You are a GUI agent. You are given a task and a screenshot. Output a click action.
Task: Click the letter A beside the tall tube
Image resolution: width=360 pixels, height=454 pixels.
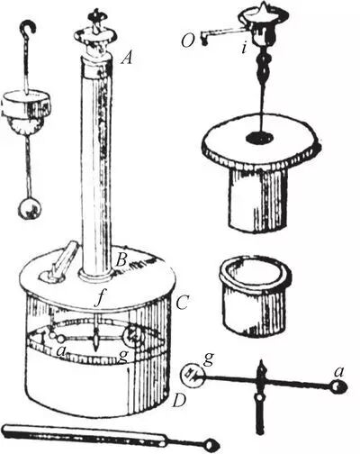coord(127,58)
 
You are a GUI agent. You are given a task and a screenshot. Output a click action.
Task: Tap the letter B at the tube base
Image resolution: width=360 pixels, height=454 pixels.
coord(121,260)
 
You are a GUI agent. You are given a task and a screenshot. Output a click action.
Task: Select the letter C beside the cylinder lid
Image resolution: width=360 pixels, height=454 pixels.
coord(182,304)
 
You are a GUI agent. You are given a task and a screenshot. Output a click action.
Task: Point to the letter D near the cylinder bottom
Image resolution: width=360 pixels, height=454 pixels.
coord(179,401)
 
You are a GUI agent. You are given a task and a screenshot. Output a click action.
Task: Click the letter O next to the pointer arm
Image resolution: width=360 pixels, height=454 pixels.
coord(187,41)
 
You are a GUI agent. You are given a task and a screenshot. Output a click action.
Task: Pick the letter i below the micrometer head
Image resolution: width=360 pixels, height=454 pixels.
coord(244,49)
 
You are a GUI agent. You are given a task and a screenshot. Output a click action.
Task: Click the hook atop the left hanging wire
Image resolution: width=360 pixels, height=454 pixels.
coord(28,28)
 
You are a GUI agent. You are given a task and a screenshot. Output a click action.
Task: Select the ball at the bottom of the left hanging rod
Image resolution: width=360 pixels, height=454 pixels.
coord(30,209)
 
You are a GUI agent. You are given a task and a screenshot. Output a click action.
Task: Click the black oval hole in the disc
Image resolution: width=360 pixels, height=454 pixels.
coord(260,137)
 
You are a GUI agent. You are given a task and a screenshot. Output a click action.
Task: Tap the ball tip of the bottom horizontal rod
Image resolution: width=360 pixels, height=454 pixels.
coord(211,444)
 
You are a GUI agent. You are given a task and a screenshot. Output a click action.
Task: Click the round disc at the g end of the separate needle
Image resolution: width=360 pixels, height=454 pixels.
coord(193,374)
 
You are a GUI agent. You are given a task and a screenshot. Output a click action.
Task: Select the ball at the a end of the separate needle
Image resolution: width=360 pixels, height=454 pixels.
coord(339,387)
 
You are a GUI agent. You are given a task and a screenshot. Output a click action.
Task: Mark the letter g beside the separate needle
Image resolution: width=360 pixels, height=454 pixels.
coord(209,359)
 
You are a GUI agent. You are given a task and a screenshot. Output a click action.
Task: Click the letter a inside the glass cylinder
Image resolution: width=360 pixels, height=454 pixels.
coord(61,350)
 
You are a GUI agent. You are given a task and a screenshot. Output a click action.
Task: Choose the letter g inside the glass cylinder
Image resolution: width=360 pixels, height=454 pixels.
coord(123,357)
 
